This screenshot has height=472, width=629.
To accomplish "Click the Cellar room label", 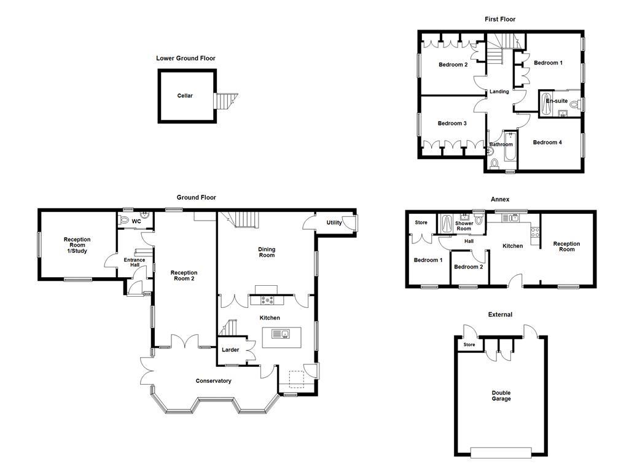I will (185, 96).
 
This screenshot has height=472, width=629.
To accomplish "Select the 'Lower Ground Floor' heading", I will (186, 58).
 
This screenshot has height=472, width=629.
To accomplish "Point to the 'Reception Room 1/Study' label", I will (77, 245).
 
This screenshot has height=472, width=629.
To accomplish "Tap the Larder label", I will (230, 350).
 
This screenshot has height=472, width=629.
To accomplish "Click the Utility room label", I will (334, 222).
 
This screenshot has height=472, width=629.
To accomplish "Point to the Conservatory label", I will (213, 381).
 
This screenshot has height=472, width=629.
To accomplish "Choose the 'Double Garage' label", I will (501, 396).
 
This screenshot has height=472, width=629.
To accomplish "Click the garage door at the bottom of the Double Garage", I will (500, 453).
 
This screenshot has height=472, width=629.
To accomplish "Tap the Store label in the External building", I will (469, 345).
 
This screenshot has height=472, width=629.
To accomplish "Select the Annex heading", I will (499, 199).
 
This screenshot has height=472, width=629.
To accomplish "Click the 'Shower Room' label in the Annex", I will (464, 226).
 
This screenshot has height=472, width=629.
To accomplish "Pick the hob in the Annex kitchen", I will (534, 232).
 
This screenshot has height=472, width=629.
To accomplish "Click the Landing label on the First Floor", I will (499, 92).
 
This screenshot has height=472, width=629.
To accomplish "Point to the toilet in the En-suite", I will (574, 105).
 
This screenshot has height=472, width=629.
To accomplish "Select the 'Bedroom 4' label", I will (547, 143).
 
